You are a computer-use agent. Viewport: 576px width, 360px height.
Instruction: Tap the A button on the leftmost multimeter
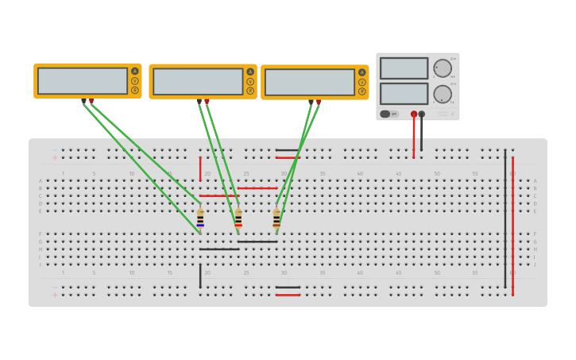click(135, 72)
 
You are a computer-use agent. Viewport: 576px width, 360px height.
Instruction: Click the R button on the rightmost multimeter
click(362, 91)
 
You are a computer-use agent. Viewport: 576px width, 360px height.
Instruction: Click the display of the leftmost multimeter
click(82, 81)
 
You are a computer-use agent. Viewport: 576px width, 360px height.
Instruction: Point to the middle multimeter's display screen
click(198, 82)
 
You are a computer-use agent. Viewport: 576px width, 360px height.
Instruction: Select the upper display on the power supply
click(404, 68)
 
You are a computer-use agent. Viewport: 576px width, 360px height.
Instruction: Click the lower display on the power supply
click(404, 94)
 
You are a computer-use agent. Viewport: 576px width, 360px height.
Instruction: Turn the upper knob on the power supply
click(443, 68)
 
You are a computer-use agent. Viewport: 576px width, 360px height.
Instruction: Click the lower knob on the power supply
click(443, 94)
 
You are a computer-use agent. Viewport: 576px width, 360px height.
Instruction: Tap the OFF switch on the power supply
click(389, 114)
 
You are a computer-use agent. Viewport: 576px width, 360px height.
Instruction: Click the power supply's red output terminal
click(414, 114)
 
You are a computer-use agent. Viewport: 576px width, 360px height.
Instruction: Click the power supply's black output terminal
click(422, 114)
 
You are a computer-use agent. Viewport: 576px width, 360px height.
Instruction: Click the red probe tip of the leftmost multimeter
click(91, 101)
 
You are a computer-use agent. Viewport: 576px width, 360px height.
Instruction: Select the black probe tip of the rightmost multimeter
click(311, 102)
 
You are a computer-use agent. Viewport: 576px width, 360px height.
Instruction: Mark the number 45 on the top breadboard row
click(398, 173)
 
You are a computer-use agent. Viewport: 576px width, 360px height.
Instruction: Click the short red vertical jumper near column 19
click(200, 168)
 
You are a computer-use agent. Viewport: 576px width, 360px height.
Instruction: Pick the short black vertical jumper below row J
click(200, 276)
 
